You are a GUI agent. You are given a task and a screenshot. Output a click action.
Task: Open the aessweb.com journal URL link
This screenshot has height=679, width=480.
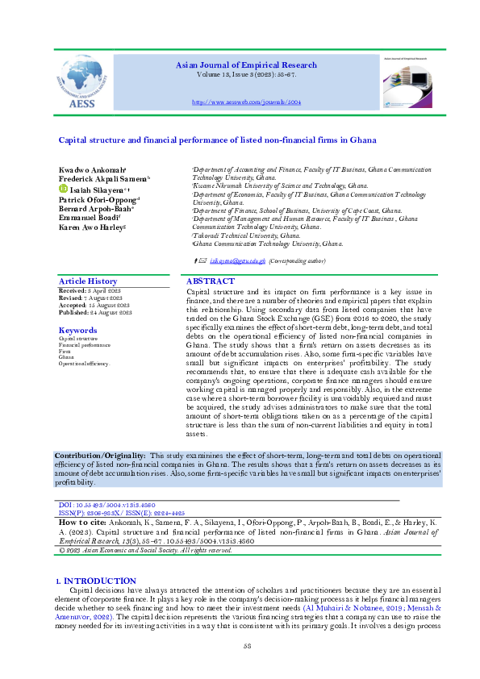point(246,103)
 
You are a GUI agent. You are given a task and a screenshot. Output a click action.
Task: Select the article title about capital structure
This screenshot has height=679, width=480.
point(207,140)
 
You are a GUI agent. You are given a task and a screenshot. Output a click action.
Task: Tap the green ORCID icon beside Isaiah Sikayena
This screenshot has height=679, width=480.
point(63,188)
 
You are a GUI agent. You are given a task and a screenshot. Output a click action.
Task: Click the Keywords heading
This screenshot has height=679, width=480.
point(77,331)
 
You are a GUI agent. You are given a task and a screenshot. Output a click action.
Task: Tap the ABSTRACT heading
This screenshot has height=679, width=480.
point(211,281)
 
